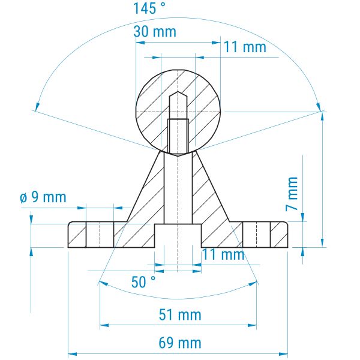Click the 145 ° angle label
[x=149, y=8]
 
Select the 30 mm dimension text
[x=155, y=32]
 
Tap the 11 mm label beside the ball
[x=245, y=47]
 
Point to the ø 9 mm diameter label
[x=43, y=197]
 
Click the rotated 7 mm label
[x=292, y=194]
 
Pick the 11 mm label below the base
[x=223, y=254]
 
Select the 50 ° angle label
[x=143, y=282]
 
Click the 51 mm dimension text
[x=180, y=315]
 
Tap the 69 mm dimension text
[x=180, y=343]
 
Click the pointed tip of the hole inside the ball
[x=178, y=92]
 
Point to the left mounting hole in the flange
[x=100, y=235]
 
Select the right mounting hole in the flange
[x=256, y=235]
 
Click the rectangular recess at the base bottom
[x=178, y=236]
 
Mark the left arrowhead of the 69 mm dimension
[x=72, y=354]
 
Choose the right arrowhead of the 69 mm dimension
[x=284, y=354]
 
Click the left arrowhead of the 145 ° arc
[x=37, y=107]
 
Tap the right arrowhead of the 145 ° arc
[x=319, y=107]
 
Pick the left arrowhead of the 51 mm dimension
[x=104, y=325]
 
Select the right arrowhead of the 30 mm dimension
[x=216, y=43]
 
